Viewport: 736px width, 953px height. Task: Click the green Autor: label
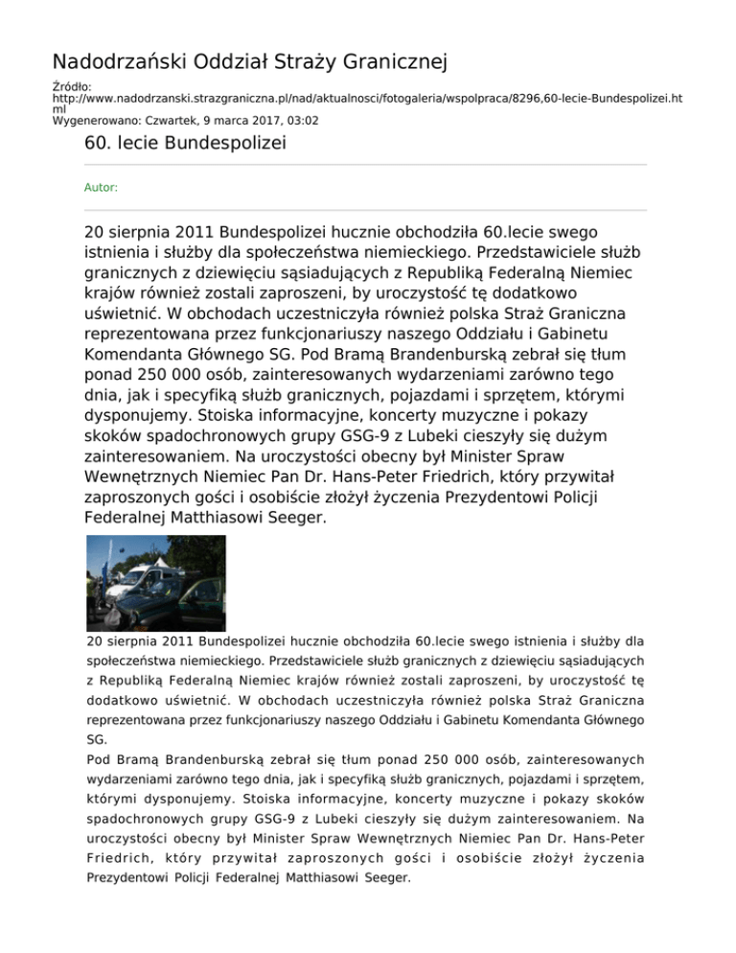[x=102, y=188]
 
